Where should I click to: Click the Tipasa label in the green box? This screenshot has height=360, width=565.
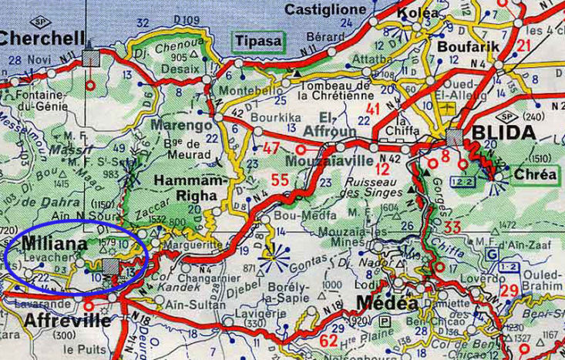[x=258, y=41]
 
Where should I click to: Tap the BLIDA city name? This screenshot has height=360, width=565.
[x=502, y=133]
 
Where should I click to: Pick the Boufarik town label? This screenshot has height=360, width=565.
[x=462, y=47]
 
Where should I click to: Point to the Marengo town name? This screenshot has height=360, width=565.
[x=182, y=125]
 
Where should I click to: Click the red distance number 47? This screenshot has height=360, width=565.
[x=272, y=148]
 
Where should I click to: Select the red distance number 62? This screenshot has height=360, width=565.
[x=329, y=340]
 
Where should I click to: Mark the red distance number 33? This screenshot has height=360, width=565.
[x=452, y=227]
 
